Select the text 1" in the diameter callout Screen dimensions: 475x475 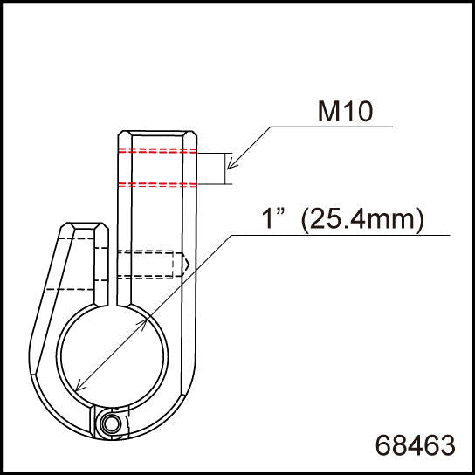(274, 220)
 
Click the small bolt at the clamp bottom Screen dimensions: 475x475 (110, 423)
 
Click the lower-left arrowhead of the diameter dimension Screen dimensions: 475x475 (80, 387)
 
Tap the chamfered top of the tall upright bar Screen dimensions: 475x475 (159, 134)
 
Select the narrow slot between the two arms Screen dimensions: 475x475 (113, 271)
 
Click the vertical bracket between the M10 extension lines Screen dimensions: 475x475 (226, 169)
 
